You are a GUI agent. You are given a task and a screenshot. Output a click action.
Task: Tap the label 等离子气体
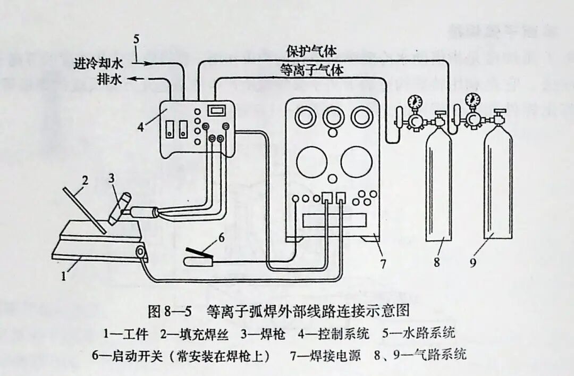(311, 69)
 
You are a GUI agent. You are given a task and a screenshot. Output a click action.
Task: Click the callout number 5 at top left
(137, 39)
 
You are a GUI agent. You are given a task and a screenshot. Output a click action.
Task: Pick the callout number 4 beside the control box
(141, 128)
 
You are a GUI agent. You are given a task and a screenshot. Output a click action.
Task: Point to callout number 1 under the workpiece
(64, 275)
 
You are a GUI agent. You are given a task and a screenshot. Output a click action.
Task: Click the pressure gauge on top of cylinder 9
(471, 101)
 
